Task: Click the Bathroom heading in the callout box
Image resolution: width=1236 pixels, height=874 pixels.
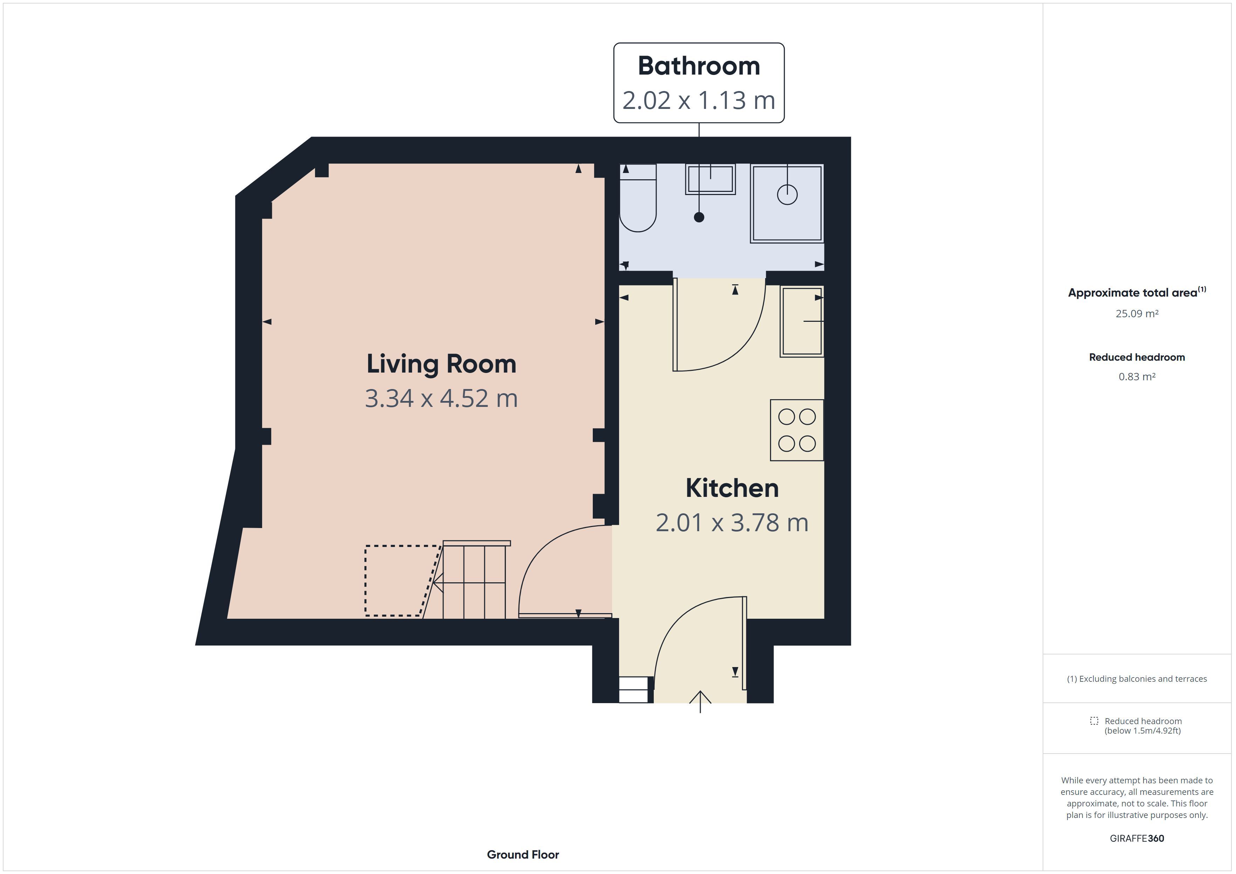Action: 699,66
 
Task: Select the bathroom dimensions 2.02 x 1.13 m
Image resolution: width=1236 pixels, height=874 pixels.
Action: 699,100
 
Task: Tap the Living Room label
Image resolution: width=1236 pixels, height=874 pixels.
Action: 441,365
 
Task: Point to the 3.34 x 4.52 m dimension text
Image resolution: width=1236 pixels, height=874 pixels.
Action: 441,398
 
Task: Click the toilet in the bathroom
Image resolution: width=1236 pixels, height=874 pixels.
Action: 638,197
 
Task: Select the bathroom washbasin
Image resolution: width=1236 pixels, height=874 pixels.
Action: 710,179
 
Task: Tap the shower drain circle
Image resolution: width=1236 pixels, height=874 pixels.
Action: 787,194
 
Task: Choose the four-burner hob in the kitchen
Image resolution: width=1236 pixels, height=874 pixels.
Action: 797,430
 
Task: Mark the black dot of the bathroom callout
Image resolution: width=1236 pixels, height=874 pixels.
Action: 699,217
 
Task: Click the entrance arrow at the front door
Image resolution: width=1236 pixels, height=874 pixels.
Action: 700,702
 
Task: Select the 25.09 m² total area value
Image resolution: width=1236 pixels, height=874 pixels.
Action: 1137,314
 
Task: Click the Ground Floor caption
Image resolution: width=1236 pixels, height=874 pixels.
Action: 523,855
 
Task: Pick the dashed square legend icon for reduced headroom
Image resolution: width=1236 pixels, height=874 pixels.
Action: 1094,721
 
